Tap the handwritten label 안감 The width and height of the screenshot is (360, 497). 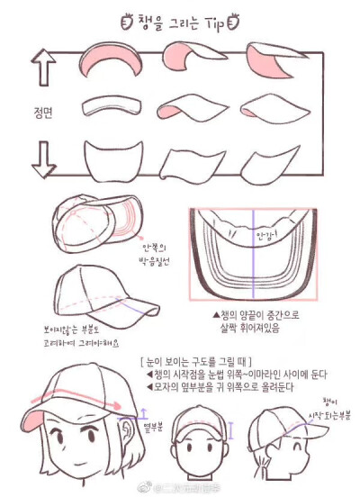[266, 234]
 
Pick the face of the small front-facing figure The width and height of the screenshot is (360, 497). [196, 450]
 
